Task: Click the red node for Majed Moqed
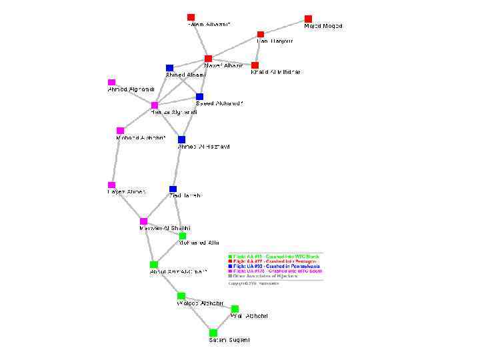coord(308,19)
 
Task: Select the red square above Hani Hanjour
coord(261,34)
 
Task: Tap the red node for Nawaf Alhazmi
coord(208,59)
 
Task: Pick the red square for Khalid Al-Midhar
coord(255,65)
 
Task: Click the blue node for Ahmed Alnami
coord(169,68)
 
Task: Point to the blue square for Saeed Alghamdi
coord(199,97)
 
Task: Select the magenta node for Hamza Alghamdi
coord(154,105)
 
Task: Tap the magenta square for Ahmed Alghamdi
coord(111,83)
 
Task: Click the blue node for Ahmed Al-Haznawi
coord(181,139)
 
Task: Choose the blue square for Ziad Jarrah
coord(173,189)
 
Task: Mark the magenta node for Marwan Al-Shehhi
coord(143,221)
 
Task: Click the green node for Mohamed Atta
coord(183,235)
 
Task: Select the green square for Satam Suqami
coord(213,332)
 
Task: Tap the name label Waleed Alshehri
coord(200,304)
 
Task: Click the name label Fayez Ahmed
coord(127,192)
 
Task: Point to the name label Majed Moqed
coord(323,26)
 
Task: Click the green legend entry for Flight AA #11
coord(273,257)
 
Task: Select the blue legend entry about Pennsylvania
coord(273,266)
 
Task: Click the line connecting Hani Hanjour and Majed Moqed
coord(285,27)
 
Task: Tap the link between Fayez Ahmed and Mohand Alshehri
coord(115,158)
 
